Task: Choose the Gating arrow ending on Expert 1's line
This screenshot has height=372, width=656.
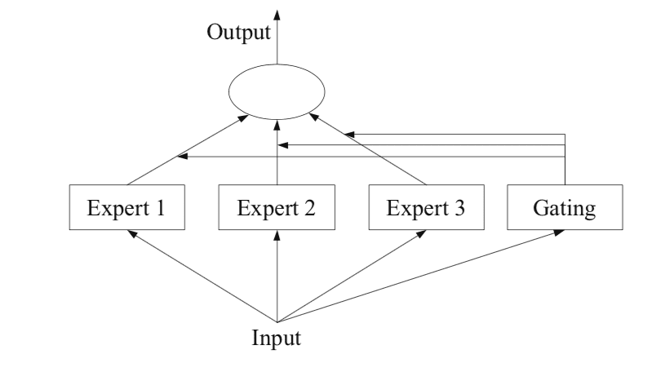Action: point(367,155)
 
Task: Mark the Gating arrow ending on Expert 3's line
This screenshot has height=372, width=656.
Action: point(457,133)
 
